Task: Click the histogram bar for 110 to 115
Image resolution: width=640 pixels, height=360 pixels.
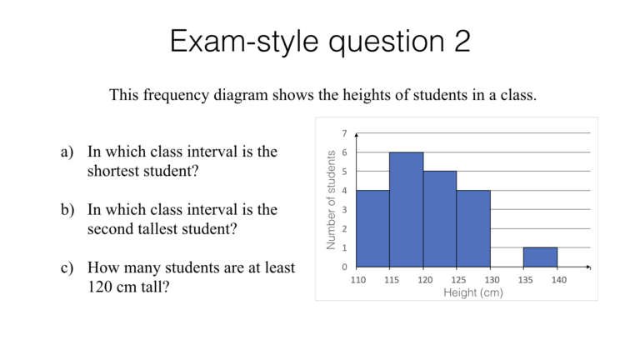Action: click(x=372, y=229)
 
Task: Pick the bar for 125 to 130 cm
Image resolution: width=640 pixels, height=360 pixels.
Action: click(x=473, y=229)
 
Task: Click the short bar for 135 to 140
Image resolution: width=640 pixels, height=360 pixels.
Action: click(x=541, y=257)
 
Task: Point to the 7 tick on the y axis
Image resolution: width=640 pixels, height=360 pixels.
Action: click(x=345, y=133)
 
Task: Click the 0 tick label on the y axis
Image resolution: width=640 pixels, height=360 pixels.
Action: click(x=345, y=267)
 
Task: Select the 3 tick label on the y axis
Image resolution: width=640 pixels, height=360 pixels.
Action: click(x=345, y=210)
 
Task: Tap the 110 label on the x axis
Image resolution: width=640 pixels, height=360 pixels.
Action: click(x=357, y=280)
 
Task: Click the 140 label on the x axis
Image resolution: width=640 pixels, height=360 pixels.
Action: click(x=558, y=280)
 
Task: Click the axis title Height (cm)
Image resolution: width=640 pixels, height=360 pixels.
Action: click(x=473, y=292)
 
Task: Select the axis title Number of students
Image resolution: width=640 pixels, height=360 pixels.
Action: click(x=331, y=200)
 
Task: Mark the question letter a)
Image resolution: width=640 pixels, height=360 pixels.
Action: click(x=67, y=152)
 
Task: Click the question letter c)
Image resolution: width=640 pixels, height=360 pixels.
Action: click(x=67, y=267)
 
